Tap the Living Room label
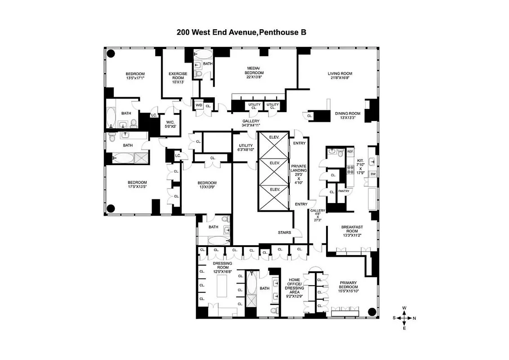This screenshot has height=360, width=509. tap(339, 76)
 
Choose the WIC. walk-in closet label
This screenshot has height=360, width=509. tap(170, 125)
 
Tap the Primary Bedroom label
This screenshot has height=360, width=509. tap(348, 289)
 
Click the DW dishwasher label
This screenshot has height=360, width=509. tap(373, 174)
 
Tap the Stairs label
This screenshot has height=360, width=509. tap(284, 233)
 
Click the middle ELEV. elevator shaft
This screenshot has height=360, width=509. tap(274, 162)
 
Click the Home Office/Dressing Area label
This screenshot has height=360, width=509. tap(294, 288)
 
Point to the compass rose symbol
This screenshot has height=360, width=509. tap(404, 318)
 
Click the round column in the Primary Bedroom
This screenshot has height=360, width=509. tap(372, 311)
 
